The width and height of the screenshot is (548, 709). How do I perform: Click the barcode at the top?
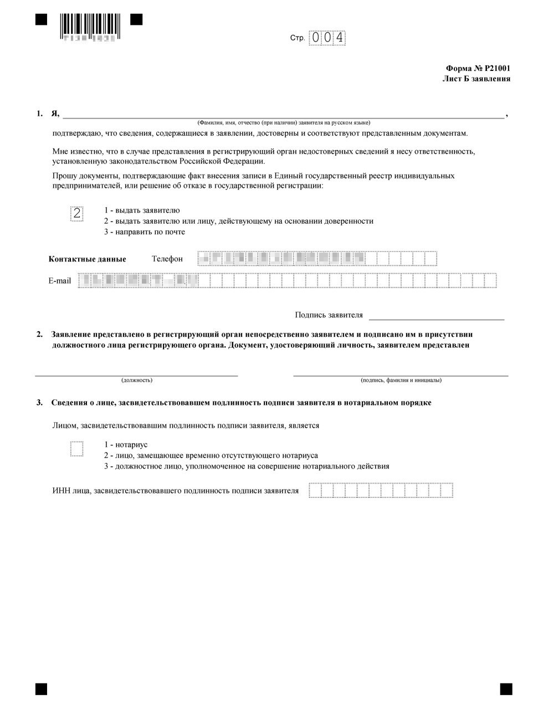(x=89, y=24)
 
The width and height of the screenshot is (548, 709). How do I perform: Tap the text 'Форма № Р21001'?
(x=478, y=69)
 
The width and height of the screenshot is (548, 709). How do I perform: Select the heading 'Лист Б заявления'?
(x=476, y=79)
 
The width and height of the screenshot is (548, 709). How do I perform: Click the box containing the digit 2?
(x=77, y=213)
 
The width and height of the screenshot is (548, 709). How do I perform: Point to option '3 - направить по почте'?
(x=145, y=232)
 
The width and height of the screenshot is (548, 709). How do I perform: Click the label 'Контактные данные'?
(x=88, y=259)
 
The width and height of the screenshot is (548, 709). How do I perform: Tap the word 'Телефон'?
(x=167, y=259)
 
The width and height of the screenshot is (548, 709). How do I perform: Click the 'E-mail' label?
(x=60, y=281)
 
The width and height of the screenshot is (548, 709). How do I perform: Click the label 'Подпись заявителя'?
(x=329, y=315)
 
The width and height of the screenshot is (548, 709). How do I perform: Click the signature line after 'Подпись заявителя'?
(x=437, y=318)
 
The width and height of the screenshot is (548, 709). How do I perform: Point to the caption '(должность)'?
(x=137, y=381)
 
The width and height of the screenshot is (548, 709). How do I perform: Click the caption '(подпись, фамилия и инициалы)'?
(x=401, y=381)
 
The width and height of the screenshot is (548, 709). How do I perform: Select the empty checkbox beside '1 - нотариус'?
(x=77, y=449)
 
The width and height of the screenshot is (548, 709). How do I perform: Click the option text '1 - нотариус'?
(x=126, y=445)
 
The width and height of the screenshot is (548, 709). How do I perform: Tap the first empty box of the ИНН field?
(x=314, y=491)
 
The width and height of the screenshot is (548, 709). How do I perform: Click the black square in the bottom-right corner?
(x=505, y=689)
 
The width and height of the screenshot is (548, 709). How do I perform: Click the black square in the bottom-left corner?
(x=41, y=689)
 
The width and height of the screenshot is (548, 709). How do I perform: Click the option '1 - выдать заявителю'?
(x=142, y=210)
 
